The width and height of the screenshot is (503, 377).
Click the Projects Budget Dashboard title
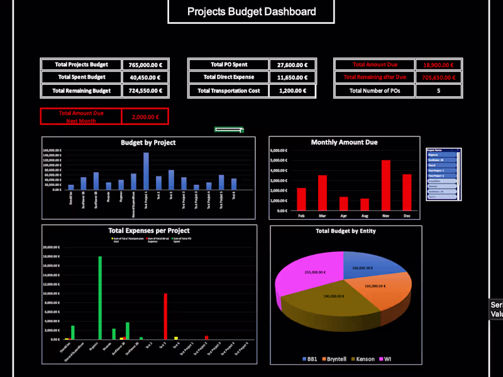[x=251, y=12]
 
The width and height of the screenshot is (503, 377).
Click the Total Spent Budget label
[x=81, y=77]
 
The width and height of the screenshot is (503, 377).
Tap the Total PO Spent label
[x=229, y=65]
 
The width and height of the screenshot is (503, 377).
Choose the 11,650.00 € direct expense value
[x=292, y=77]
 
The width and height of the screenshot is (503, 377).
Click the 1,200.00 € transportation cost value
[x=292, y=90]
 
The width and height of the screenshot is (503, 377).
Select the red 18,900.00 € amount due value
[x=438, y=65]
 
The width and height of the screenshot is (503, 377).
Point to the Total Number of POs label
[x=374, y=90]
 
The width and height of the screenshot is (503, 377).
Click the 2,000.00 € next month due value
[x=145, y=117]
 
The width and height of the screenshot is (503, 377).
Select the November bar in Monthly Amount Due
[x=386, y=185]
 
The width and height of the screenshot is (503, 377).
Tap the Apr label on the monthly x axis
[x=343, y=215]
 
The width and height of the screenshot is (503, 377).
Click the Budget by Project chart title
[x=148, y=143]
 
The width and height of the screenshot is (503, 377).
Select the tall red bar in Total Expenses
[x=165, y=316]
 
